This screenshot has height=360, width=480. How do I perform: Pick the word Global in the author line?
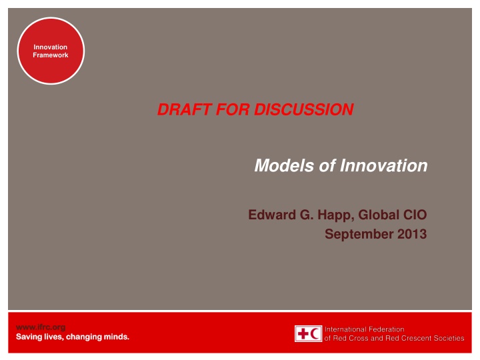click(380, 215)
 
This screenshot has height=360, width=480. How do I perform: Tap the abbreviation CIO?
click(415, 215)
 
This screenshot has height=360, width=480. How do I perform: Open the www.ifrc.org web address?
click(40, 327)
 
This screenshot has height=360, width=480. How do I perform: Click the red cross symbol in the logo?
click(302, 334)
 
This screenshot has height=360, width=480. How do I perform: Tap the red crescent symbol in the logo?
click(315, 334)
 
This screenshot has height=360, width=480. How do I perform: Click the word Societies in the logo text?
click(447, 339)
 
